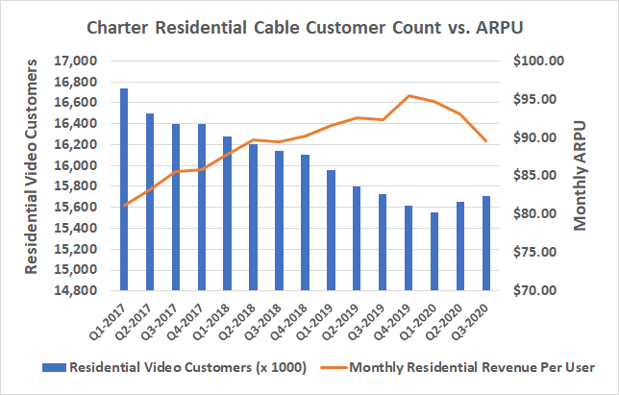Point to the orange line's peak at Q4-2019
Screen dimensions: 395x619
pos(409,95)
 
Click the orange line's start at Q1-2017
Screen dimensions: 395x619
pos(124,206)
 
